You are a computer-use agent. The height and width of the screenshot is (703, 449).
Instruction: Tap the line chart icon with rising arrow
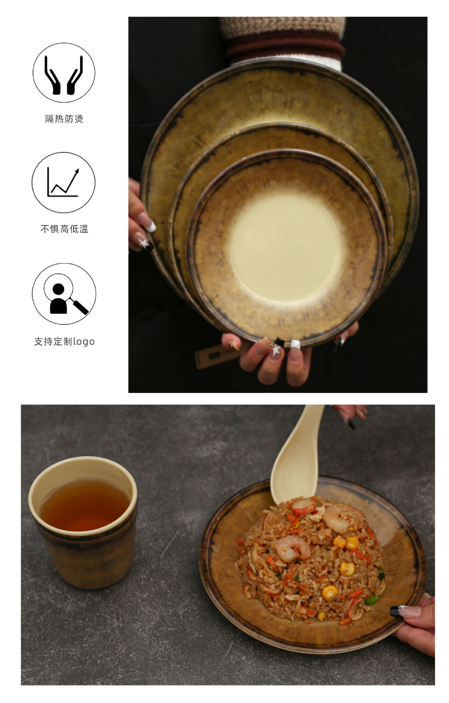click(x=63, y=182)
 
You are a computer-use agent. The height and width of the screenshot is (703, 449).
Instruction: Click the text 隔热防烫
click(x=64, y=119)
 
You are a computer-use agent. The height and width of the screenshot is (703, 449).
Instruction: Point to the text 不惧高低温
click(x=64, y=229)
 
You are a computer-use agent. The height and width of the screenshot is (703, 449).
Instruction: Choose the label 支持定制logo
click(x=64, y=342)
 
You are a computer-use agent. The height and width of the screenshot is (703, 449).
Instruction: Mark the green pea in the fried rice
click(x=372, y=600)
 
